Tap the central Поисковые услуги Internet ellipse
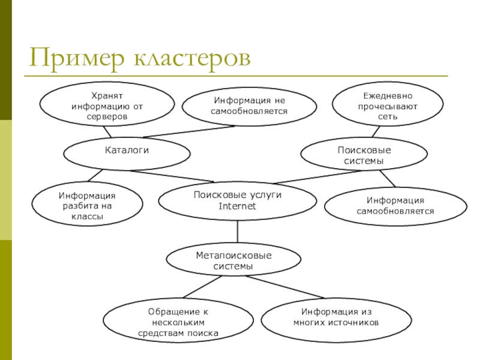click(238, 201)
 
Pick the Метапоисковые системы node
click(233, 260)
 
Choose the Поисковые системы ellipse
click(364, 155)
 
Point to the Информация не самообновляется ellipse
click(249, 107)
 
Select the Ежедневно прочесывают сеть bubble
click(388, 105)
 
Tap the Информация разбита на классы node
click(87, 206)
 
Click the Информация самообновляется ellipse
click(395, 206)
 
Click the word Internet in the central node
click(238, 206)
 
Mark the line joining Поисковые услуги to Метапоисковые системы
click(238, 232)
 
